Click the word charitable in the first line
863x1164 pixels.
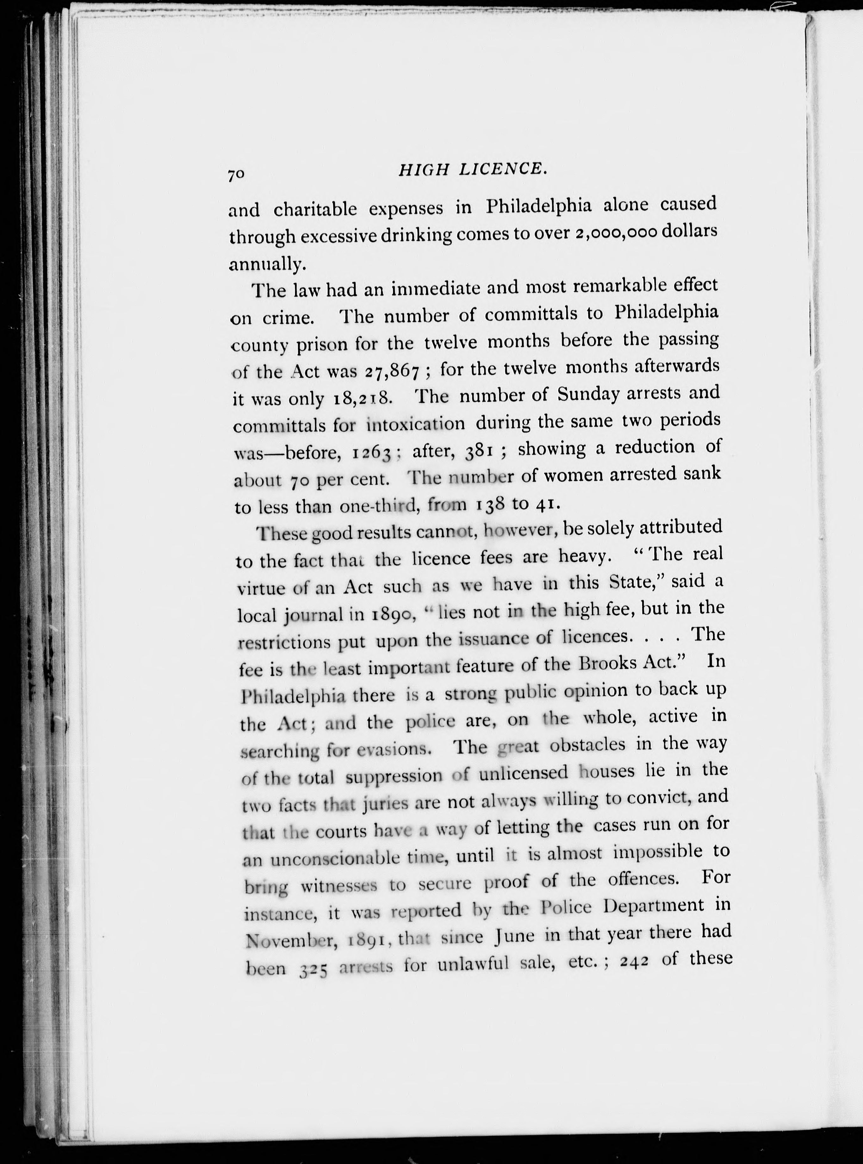coord(315,209)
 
